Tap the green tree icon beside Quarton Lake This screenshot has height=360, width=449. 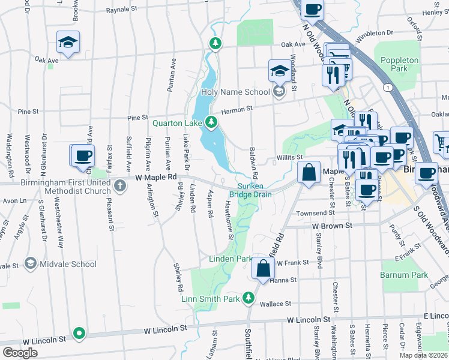(x=211, y=122)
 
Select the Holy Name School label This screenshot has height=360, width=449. (x=235, y=92)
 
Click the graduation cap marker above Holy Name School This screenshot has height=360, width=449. (x=279, y=71)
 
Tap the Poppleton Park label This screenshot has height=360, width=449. (x=399, y=64)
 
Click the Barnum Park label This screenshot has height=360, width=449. (x=403, y=275)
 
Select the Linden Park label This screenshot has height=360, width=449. (x=231, y=259)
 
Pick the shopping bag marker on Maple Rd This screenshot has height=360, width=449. (x=309, y=173)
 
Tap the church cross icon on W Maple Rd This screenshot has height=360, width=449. (x=120, y=185)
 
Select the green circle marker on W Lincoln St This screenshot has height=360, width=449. (x=79, y=333)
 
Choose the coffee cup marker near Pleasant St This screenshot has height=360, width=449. (x=84, y=156)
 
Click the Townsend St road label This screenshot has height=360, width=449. (x=315, y=213)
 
